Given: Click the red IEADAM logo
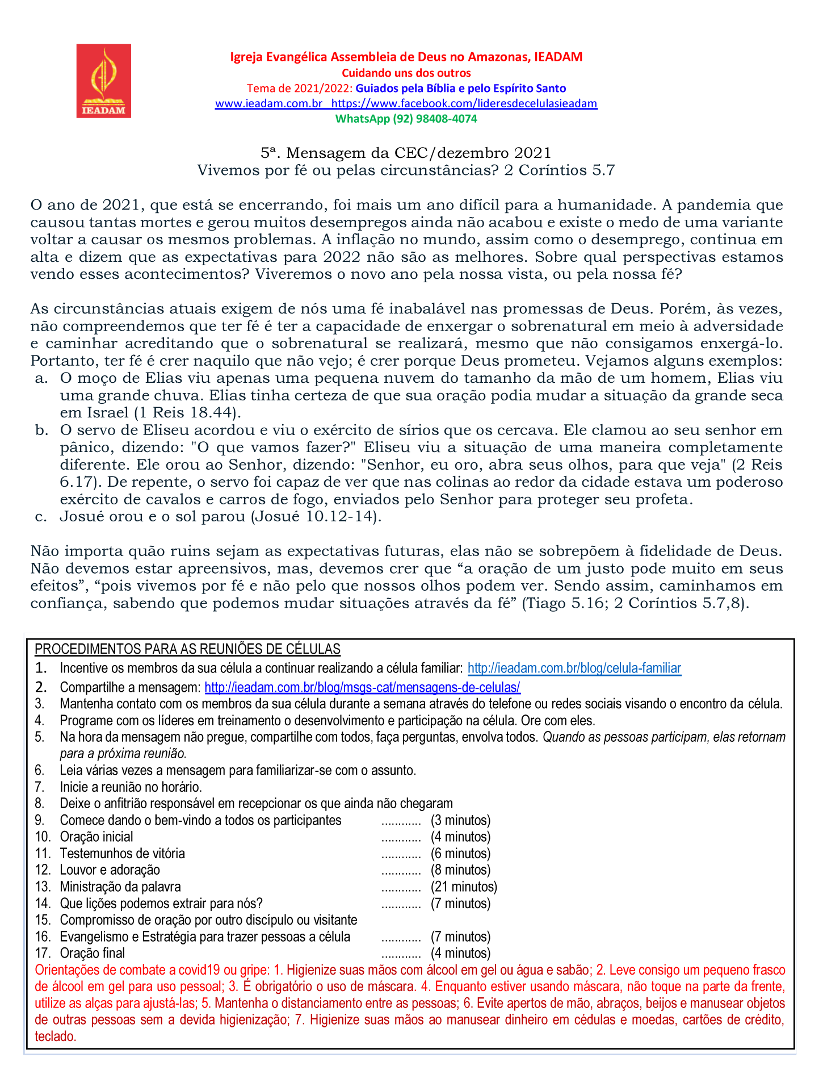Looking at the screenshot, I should pos(104,81).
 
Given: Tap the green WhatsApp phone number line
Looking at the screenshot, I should pos(406,119).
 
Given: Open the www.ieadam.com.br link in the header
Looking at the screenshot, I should pos(268,103).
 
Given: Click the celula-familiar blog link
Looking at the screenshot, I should pos(574,668).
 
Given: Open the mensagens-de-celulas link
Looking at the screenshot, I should pos(362,688).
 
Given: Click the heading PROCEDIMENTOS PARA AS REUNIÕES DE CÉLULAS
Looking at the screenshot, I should pos(187,649).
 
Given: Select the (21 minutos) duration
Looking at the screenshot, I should pos(464,887).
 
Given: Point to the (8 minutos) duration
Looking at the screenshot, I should pos(460,870).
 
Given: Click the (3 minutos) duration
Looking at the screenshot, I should pos(460,820).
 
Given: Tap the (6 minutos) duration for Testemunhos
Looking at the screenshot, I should pos(460,854).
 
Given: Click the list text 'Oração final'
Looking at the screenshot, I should pos(93,953).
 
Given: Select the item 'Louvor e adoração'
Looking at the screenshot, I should pos(110,870).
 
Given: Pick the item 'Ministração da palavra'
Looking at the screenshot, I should pos(120,887).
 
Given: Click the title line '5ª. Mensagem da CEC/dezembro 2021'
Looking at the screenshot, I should pos(406,153).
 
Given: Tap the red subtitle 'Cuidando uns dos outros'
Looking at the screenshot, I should pos(406,73).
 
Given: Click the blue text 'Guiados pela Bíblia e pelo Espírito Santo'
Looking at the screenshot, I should pos(460,88).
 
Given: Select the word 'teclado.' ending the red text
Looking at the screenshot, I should pos(56,1036).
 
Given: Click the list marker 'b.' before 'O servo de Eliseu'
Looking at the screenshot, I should pos(41,430).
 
